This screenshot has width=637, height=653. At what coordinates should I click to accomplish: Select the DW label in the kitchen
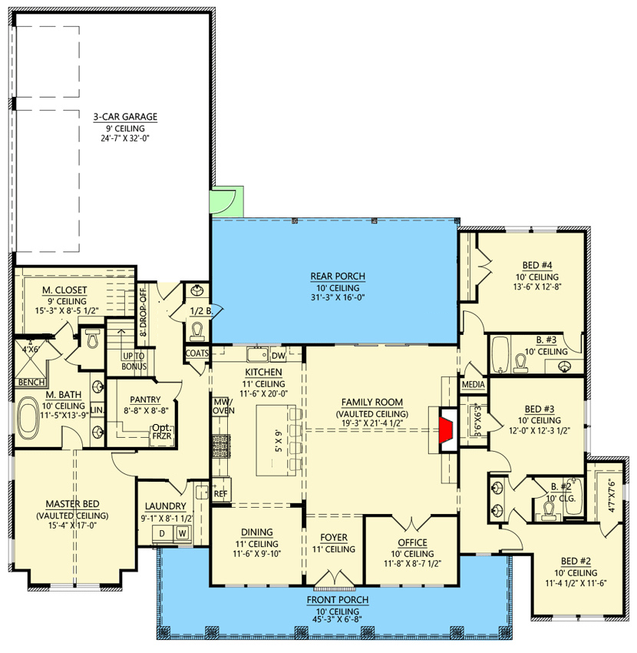[x=279, y=356]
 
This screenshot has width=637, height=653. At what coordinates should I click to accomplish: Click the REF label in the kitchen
[x=220, y=494]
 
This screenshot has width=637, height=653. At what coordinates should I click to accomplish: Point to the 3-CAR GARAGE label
[x=125, y=117]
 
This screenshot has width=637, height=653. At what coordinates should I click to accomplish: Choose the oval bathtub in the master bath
[x=28, y=417]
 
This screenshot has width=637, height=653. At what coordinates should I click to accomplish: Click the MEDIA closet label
[x=474, y=384]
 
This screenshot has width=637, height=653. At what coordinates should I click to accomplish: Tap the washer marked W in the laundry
[x=182, y=533]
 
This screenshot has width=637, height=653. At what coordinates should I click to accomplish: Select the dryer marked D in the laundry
[x=162, y=533]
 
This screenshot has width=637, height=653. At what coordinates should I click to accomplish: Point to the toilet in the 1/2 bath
[x=196, y=332]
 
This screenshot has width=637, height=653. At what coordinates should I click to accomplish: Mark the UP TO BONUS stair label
[x=134, y=361]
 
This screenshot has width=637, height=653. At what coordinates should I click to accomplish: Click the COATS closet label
[x=196, y=353]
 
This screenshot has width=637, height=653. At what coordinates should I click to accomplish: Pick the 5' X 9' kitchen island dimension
[x=279, y=441]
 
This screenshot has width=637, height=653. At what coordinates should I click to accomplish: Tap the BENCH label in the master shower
[x=31, y=382]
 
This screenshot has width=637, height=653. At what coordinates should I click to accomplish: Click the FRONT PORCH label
[x=338, y=600]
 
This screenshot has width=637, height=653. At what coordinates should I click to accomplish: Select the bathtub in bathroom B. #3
[x=500, y=354]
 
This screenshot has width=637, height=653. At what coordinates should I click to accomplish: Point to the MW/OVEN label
[x=224, y=406]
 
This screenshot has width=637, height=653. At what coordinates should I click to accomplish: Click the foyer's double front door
[x=335, y=579]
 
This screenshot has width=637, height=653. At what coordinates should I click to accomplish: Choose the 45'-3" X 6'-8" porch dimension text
[x=338, y=619]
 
